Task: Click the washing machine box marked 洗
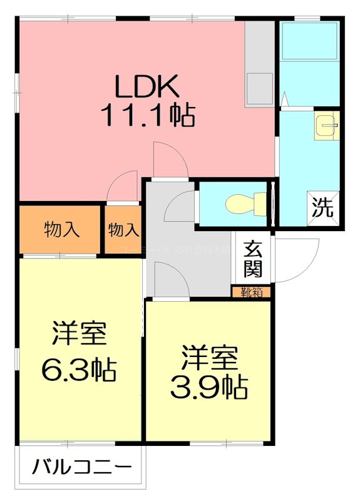click(x=324, y=207)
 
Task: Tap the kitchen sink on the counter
click(x=259, y=88)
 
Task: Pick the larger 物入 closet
click(x=61, y=230)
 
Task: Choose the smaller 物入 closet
click(x=123, y=230)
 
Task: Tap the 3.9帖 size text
click(x=209, y=388)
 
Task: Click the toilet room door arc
click(x=180, y=207)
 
